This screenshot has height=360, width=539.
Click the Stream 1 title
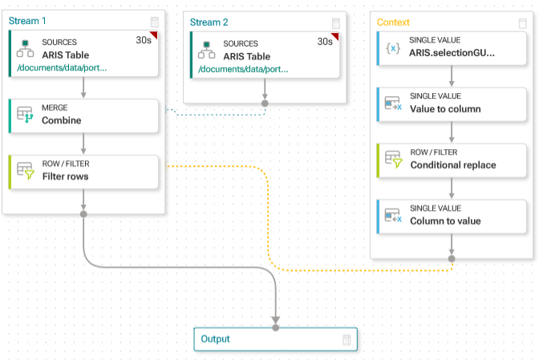tap(27, 21)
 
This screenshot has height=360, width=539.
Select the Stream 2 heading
tap(209, 22)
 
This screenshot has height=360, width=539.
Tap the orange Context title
tap(393, 22)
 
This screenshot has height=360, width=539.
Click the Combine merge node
tap(83, 115)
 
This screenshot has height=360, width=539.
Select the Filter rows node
tap(83, 172)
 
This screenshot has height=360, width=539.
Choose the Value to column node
tap(452, 104)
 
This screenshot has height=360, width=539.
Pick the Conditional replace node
tap(452, 160)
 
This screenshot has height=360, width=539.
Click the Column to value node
tap(452, 216)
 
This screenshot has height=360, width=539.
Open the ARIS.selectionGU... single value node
tap(452, 48)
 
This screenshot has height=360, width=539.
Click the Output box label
tap(215, 339)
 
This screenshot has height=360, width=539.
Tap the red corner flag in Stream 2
tap(335, 36)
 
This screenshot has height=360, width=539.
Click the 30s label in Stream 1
tap(144, 40)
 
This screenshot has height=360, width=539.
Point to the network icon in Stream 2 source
tap(207, 50)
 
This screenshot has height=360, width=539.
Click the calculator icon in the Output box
tap(346, 340)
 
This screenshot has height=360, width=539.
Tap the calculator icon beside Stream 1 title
tap(155, 22)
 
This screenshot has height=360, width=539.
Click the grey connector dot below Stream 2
tap(265, 103)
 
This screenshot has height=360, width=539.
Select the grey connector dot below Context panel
tap(452, 259)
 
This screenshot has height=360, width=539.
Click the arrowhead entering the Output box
tap(276, 320)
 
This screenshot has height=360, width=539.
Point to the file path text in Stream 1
tap(62, 67)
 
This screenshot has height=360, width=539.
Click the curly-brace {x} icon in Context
tap(393, 48)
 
